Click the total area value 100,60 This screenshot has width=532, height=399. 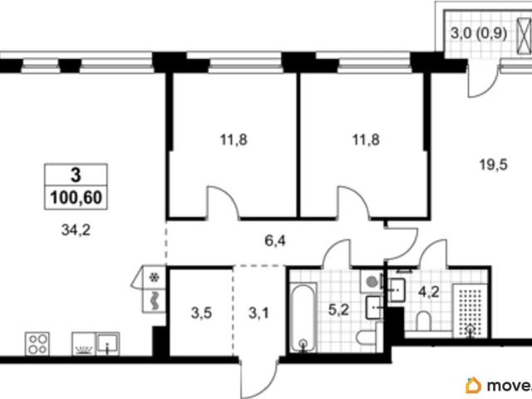tap(76, 198)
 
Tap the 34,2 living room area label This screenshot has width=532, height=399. tap(76, 231)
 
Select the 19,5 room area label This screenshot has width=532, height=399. tap(493, 165)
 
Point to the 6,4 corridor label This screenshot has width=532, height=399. tap(275, 241)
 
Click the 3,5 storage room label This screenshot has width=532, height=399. tap(201, 313)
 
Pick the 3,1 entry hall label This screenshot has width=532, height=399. tap(259, 313)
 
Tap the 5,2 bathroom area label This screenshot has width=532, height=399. tap(338, 310)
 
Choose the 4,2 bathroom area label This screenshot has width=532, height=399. tap(429, 292)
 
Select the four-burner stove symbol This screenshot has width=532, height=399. tap(37, 343)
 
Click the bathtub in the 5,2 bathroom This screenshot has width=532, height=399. tap(303, 318)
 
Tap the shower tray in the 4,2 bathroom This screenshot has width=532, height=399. tap(470, 311)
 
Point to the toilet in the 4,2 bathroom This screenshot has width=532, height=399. tap(423, 321)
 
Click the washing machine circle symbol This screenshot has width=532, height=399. tap(372, 281)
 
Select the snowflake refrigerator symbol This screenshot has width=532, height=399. tap(155, 278)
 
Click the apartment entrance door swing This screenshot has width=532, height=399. tap(259, 377)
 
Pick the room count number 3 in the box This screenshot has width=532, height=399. tap(76, 175)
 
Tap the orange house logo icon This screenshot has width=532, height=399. tap(473, 385)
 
